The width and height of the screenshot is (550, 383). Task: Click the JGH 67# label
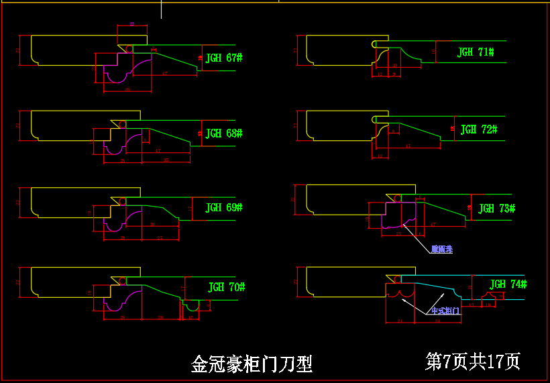[x=223, y=58]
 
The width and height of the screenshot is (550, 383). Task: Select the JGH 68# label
[x=223, y=133]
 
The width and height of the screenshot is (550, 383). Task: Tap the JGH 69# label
[x=223, y=208]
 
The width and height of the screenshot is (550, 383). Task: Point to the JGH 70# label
[x=227, y=287]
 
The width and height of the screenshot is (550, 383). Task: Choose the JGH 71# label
[x=476, y=52]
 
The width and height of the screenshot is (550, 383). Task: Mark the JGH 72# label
[x=478, y=129]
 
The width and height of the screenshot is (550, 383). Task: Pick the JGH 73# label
[x=496, y=209]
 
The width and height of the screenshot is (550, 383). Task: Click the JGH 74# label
[x=508, y=284]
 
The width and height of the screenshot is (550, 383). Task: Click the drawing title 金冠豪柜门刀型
[x=252, y=364]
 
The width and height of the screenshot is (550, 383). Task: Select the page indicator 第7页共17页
[x=472, y=362]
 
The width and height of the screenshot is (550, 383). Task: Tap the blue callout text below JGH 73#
[x=441, y=250]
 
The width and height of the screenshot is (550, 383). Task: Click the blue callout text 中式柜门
[x=445, y=311]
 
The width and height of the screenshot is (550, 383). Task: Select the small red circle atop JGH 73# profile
[x=398, y=199]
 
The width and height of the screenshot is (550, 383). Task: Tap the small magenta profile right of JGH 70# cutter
[x=192, y=306]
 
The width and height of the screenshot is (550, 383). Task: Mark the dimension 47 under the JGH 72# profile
[x=408, y=146]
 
